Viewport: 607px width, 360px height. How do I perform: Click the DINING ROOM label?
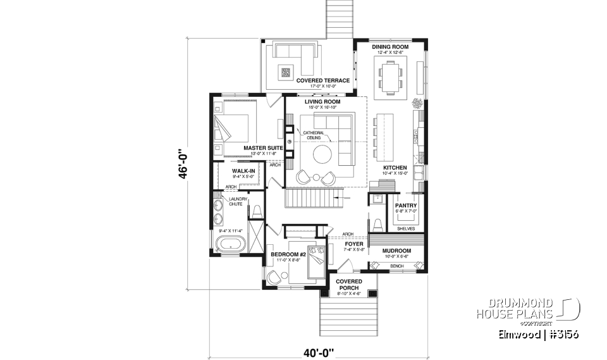389,47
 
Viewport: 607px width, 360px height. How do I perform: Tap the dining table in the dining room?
389,77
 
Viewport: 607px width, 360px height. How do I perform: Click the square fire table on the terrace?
286,72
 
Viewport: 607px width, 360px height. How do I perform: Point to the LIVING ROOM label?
322,101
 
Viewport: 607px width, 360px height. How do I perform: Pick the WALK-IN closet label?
243,171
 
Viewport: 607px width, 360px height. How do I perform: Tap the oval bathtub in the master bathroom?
230,244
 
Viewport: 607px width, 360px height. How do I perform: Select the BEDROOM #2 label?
288,254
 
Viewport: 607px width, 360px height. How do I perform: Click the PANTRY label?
404,206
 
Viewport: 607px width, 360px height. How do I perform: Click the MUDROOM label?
397,251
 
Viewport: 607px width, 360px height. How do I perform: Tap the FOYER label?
354,243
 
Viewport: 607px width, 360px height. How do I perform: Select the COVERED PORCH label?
348,284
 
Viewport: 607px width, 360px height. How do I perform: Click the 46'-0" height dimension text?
183,165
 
